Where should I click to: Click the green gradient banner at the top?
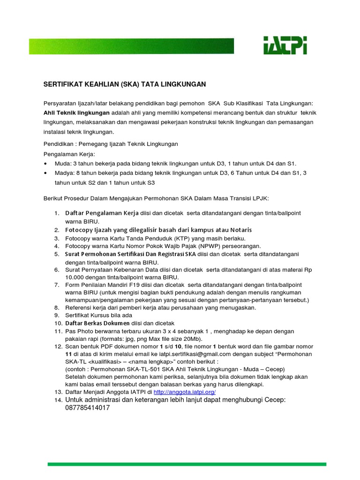tap(131, 46)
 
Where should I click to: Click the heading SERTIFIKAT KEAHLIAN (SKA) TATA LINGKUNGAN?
tap(125, 84)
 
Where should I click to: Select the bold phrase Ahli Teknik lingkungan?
tap(76, 113)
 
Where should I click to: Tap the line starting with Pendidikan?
tap(111, 144)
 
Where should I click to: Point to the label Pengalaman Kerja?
tap(69, 154)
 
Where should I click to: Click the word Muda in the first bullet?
tap(63, 163)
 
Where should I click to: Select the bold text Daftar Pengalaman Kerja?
tap(101, 213)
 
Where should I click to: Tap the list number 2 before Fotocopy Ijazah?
tap(56, 230)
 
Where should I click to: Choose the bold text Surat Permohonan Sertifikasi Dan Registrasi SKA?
tap(130, 254)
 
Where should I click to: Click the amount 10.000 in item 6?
tap(75, 277)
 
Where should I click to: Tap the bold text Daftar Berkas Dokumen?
tap(97, 323)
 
